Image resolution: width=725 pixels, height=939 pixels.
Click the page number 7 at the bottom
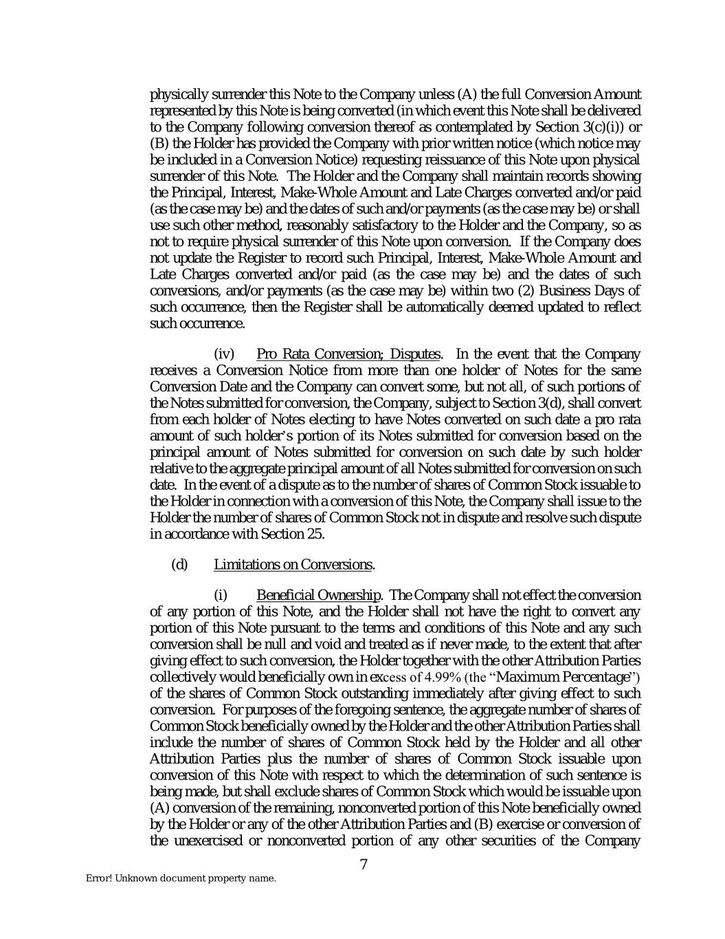click(364, 865)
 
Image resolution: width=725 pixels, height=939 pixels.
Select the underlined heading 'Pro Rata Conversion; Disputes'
click(348, 354)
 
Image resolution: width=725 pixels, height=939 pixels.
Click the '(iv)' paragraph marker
click(225, 354)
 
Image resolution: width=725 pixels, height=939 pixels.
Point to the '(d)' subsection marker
click(179, 565)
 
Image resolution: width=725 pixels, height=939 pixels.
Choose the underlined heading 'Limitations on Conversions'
click(293, 565)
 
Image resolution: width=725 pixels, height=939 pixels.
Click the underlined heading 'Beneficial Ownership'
click(318, 595)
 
